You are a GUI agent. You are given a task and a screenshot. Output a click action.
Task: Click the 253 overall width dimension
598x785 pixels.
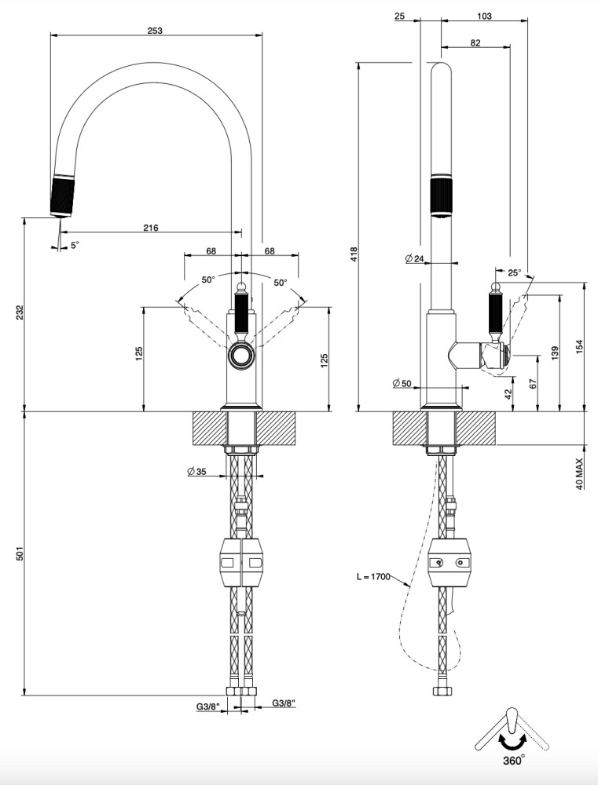coord(155,31)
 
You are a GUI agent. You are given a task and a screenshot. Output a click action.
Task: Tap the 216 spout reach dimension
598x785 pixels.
coord(151,228)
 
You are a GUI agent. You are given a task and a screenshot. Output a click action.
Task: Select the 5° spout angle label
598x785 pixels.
coord(75,246)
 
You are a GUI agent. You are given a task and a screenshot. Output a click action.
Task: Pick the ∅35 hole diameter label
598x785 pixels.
coord(196,472)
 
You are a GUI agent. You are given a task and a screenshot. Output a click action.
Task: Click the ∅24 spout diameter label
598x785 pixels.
coord(415,258)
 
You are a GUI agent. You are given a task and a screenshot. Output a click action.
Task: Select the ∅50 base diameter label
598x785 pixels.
coord(402,383)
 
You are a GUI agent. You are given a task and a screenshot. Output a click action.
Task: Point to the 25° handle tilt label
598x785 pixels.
coord(514,272)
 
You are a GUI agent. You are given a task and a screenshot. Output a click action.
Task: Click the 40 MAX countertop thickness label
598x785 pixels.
coord(580,473)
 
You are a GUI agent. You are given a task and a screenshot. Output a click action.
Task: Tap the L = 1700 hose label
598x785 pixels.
coord(372,577)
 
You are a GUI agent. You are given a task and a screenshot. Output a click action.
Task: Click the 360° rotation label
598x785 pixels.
coord(513,760)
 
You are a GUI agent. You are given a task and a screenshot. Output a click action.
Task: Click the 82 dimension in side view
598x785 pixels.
coord(475,43)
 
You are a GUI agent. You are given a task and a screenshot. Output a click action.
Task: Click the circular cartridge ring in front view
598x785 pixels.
coord(241,356)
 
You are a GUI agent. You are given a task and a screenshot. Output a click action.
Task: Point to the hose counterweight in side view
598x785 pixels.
coord(451,562)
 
